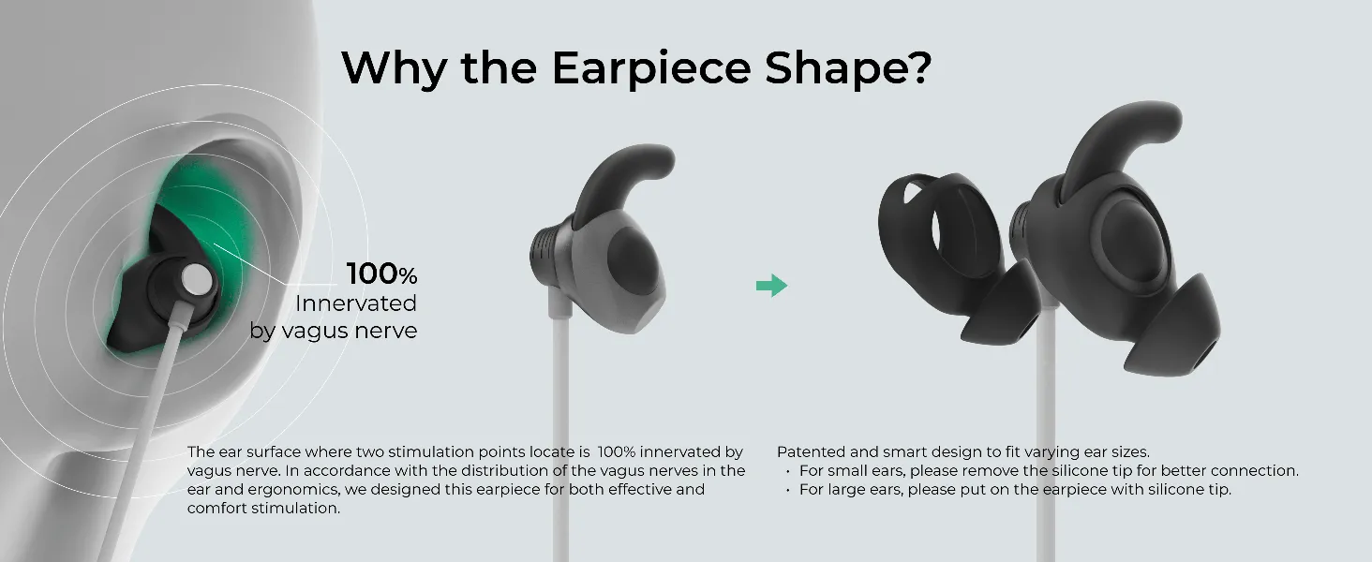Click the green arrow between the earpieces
click(772, 286)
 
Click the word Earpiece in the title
click(651, 67)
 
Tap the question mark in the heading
click(917, 67)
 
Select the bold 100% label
click(381, 274)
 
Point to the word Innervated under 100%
click(356, 303)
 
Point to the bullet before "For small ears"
click(787, 471)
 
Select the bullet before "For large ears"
click(787, 491)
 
